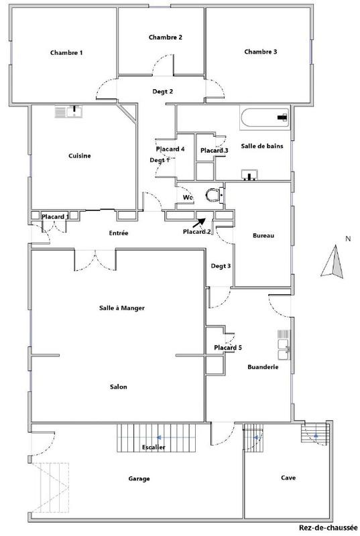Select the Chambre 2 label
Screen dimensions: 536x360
[x=166, y=38]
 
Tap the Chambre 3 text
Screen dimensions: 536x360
[x=261, y=52]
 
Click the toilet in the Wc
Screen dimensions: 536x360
[x=213, y=195]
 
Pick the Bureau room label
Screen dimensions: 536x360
[x=263, y=236]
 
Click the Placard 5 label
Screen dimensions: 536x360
[x=228, y=348]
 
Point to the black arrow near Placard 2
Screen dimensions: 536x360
[x=202, y=222]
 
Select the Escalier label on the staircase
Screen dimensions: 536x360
[x=155, y=447]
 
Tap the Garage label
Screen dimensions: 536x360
[x=139, y=478]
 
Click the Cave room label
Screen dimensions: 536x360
[x=288, y=478]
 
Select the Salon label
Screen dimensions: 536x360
[x=118, y=387]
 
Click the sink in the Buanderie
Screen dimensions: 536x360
[x=282, y=346]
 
